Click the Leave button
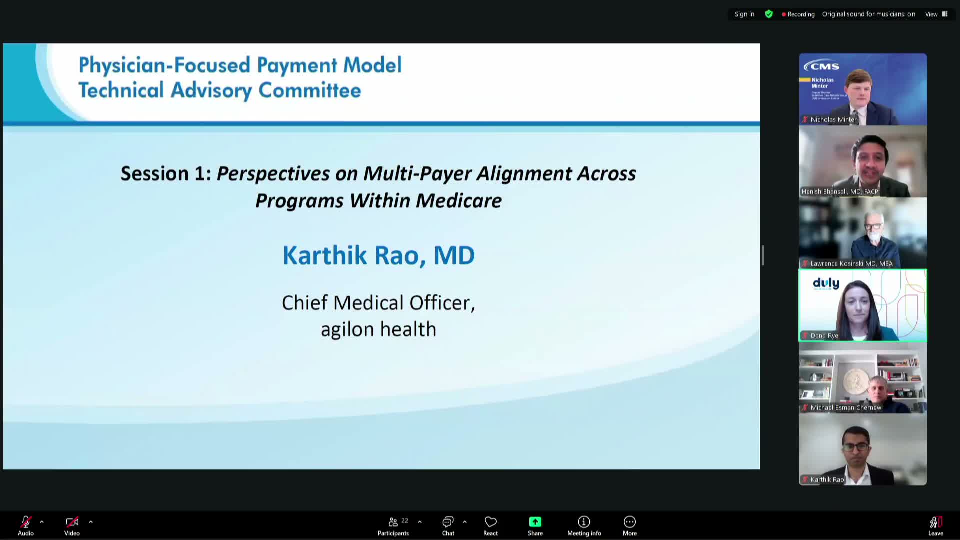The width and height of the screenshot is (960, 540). click(935, 525)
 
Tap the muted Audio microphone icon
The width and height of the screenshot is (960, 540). click(26, 522)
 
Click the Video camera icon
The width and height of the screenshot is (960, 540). click(72, 522)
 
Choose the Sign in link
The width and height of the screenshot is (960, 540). click(744, 14)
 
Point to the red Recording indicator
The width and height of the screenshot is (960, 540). click(798, 14)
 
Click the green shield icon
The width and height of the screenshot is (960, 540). click(769, 14)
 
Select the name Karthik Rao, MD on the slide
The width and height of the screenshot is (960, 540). click(378, 255)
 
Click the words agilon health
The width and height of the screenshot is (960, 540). click(378, 329)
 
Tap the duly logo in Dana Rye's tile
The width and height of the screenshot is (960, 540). click(826, 284)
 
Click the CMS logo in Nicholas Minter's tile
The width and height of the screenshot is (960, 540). click(822, 66)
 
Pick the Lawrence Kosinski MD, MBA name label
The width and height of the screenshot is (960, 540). click(851, 264)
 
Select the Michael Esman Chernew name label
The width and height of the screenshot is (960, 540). click(845, 408)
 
